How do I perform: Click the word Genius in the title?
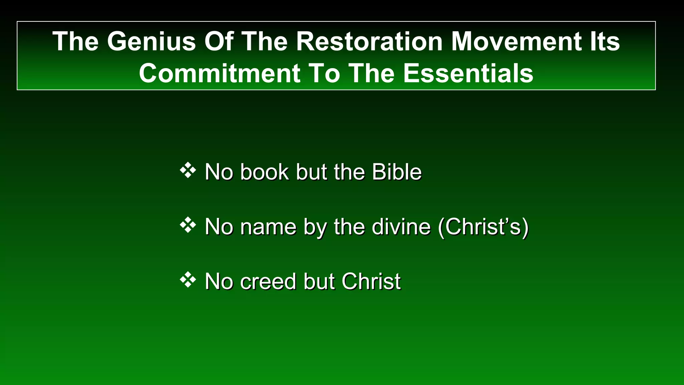151,41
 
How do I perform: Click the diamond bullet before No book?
188,170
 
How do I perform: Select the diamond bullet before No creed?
188,280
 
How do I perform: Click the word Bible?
396,172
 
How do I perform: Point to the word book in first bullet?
264,172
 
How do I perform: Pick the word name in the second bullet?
268,227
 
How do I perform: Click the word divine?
401,227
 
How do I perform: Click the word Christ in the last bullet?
371,281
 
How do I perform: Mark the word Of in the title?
218,41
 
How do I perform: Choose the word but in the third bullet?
319,281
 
